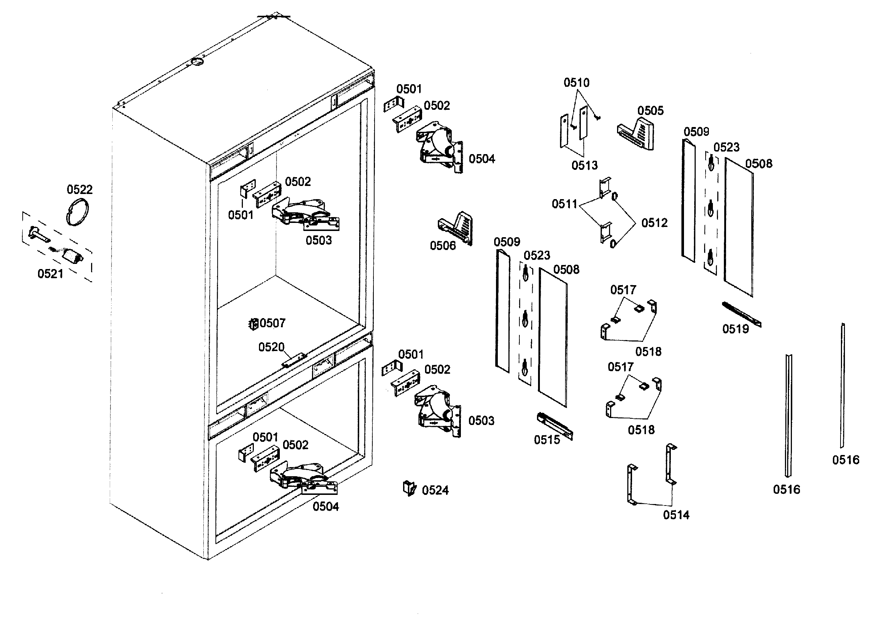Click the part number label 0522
click(x=80, y=190)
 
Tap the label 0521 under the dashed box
click(x=50, y=274)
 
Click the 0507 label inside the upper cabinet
click(x=273, y=323)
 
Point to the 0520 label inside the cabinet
click(x=271, y=347)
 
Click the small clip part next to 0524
click(x=409, y=488)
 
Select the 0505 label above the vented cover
click(x=650, y=111)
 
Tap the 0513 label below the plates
click(x=585, y=165)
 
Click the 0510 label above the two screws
click(x=576, y=82)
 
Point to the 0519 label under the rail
click(x=736, y=329)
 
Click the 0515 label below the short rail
click(x=547, y=440)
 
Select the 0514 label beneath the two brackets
click(x=676, y=515)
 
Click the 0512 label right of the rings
click(x=654, y=223)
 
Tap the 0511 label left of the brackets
click(x=564, y=204)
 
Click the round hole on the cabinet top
click(x=198, y=62)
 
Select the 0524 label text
click(x=435, y=490)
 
